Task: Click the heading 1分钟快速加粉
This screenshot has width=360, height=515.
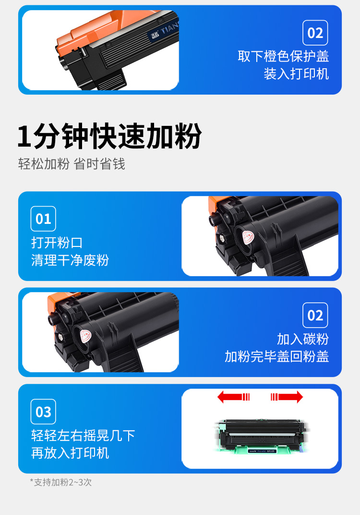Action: tap(109, 136)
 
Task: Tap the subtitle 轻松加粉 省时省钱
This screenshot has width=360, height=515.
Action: tap(72, 164)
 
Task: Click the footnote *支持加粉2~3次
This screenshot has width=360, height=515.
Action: tap(60, 482)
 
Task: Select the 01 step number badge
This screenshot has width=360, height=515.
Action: tap(43, 219)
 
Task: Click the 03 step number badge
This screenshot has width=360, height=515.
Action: tap(43, 412)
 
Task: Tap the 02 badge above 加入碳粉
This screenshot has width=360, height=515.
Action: tap(315, 315)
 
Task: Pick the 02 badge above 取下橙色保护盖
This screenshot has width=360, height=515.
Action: tap(315, 33)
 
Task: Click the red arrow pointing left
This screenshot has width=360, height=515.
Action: tap(234, 397)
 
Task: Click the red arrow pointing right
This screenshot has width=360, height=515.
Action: tap(287, 397)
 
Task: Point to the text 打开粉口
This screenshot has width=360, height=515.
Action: tap(57, 243)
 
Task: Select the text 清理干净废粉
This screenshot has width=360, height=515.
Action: tap(70, 260)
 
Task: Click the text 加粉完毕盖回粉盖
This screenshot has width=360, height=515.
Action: tap(276, 356)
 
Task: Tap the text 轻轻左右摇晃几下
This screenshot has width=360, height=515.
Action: tap(83, 436)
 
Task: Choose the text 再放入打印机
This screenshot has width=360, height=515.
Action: tap(70, 453)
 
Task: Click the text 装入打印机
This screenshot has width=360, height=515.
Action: tap(296, 74)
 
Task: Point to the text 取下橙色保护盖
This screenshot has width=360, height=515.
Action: tap(283, 56)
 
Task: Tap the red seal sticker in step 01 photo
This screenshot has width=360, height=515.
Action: tap(249, 237)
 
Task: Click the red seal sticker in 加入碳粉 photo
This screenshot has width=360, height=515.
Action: tap(85, 336)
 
